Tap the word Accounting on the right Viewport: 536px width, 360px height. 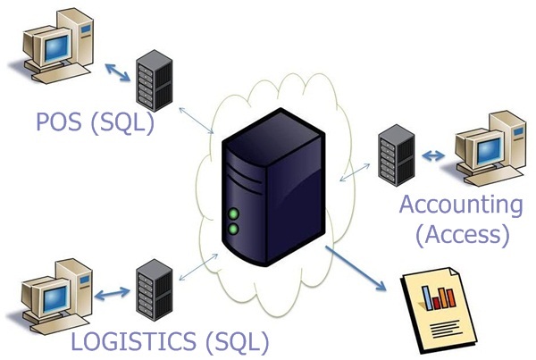pos(460,204)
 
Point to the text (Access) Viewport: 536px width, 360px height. pos(461,234)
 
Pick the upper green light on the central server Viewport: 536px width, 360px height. pos(234,213)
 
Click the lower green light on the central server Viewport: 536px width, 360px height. pos(234,229)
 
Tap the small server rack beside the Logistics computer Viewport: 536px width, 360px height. pos(151,290)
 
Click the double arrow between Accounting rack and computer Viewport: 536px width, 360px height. pos(432,156)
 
